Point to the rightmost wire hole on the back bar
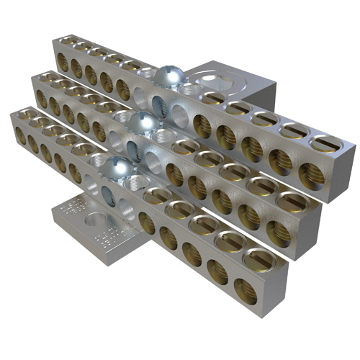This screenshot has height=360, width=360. (310, 173)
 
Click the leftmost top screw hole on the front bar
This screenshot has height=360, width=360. (24, 114)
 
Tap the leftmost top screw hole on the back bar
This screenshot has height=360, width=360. (67, 44)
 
